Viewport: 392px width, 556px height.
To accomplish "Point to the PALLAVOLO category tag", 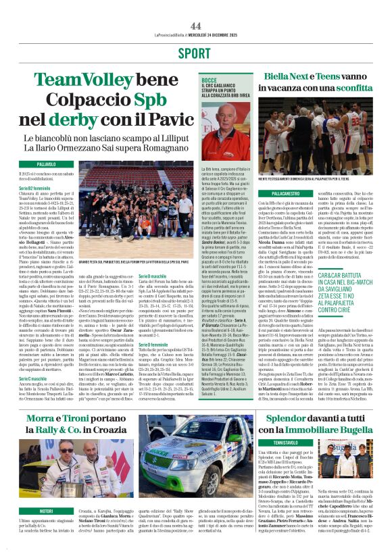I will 46,164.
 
